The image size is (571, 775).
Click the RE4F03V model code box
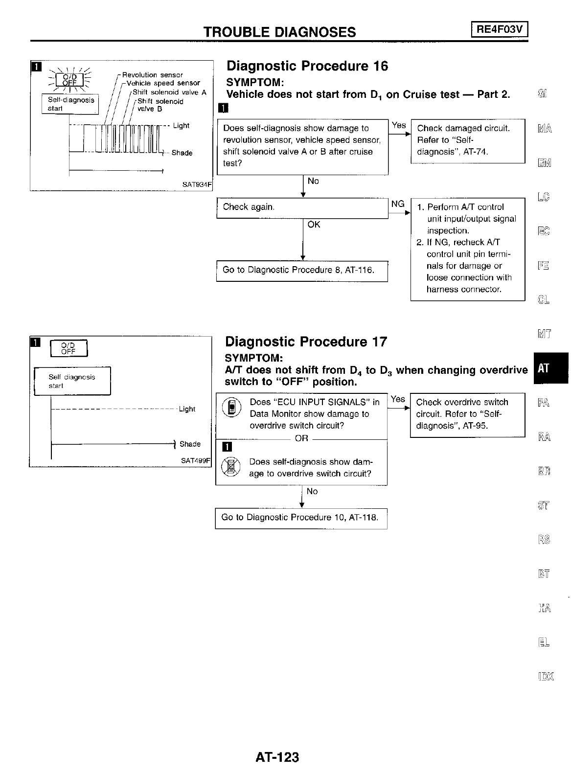click(x=500, y=30)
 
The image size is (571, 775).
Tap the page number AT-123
click(x=277, y=757)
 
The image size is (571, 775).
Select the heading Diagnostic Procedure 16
click(x=307, y=66)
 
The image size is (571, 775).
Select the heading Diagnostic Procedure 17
click(x=306, y=342)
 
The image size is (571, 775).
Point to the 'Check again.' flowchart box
click(x=302, y=207)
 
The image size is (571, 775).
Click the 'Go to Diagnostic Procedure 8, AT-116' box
click(x=302, y=271)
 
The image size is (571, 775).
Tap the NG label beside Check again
click(x=398, y=204)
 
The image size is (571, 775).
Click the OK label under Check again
click(x=314, y=225)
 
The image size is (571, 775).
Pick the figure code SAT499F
click(x=195, y=461)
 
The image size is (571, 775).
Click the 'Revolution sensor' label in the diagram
click(x=152, y=75)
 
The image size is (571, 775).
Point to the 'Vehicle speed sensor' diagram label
click(x=163, y=83)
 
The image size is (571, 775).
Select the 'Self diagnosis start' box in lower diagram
click(x=72, y=381)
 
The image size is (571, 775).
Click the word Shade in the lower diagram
click(x=190, y=444)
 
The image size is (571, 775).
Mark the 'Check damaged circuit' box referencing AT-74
click(x=467, y=140)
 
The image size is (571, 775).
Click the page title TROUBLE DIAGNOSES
click(x=279, y=32)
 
